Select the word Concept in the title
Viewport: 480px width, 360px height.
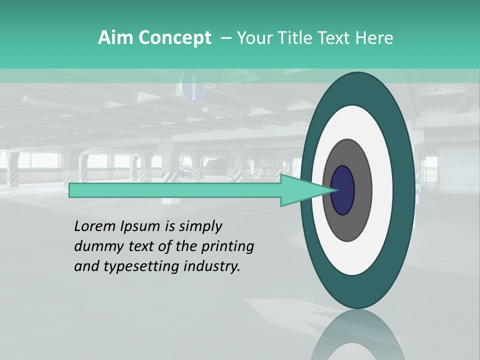point(175,38)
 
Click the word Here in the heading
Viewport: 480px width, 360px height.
point(374,38)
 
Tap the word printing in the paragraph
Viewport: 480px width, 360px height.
point(227,247)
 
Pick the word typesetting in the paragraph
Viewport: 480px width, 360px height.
point(129,267)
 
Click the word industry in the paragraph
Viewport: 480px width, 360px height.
point(210,266)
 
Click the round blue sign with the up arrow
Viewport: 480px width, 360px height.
point(193,86)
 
